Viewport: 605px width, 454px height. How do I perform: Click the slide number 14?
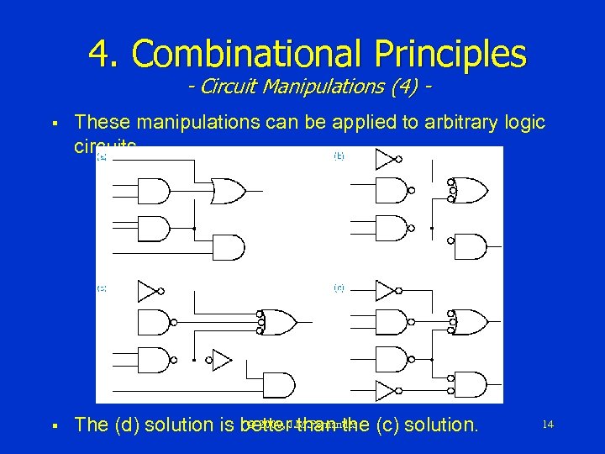coord(547,425)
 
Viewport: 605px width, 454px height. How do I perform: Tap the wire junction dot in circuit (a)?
coord(195,228)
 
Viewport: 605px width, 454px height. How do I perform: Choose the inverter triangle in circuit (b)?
coord(386,159)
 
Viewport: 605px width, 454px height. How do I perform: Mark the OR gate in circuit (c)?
coord(281,321)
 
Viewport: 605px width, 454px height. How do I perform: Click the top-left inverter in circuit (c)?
coord(148,291)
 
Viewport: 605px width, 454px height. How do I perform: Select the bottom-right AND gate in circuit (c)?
coord(280,386)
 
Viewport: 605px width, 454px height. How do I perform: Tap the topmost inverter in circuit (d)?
coord(386,291)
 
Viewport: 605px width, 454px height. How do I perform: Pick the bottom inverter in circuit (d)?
coord(386,390)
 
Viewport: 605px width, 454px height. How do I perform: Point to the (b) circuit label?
coord(339,156)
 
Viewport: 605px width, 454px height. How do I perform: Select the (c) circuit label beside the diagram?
coord(102,288)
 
